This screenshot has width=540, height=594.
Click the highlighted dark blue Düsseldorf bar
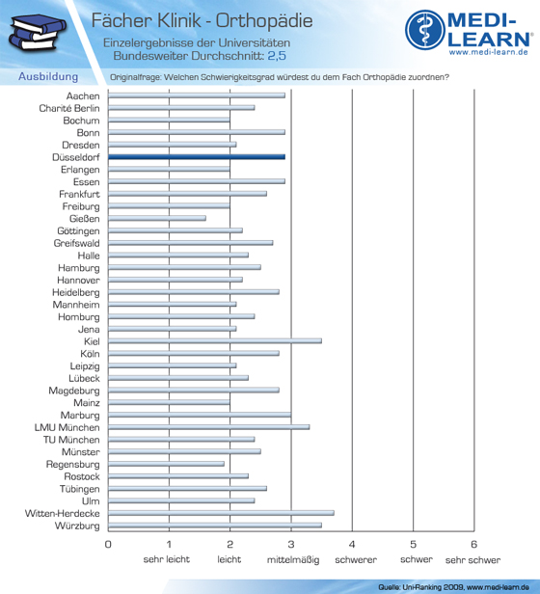[197, 157]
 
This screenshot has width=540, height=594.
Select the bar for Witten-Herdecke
[221, 513]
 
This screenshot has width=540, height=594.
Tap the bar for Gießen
[157, 218]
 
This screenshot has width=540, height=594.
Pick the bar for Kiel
[215, 341]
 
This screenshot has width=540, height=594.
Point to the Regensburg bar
[166, 464]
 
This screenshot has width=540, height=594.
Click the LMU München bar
[209, 427]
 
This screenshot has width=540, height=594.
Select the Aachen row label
[83, 96]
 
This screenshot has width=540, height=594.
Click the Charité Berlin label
[69, 108]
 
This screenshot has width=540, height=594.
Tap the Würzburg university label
[77, 526]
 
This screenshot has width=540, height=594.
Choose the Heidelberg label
[76, 292]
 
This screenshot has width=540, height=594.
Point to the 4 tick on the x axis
[352, 545]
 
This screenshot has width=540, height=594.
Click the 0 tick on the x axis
[108, 545]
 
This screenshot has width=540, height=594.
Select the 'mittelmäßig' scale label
[293, 560]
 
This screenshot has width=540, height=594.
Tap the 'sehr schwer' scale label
[472, 560]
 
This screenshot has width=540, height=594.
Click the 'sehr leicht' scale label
[167, 559]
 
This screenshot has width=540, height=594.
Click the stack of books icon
[37, 32]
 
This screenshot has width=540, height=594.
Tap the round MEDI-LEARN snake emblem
[425, 30]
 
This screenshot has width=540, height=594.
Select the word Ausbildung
[48, 76]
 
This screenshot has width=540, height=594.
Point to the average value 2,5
[277, 56]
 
